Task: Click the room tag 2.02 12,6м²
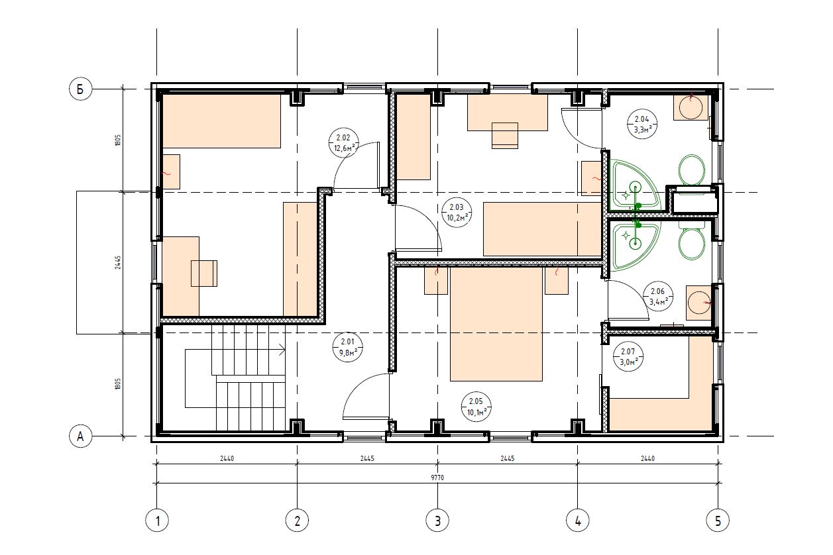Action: pos(344,143)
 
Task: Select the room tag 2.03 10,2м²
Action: pos(457,213)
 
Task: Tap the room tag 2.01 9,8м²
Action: pos(347,347)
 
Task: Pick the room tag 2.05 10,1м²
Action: pos(476,407)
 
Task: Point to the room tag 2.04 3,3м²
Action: pos(642,124)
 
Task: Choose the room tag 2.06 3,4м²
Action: pos(658,296)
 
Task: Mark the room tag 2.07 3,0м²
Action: pos(628,356)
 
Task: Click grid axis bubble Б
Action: pos(80,89)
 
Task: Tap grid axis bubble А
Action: pos(80,436)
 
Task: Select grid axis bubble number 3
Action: pos(437,521)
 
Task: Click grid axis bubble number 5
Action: pos(718,521)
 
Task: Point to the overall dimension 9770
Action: pos(437,478)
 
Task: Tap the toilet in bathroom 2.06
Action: pos(692,240)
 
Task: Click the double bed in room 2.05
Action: pos(496,324)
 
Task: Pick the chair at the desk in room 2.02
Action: pos(204,274)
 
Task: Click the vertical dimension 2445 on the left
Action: pos(118,262)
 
